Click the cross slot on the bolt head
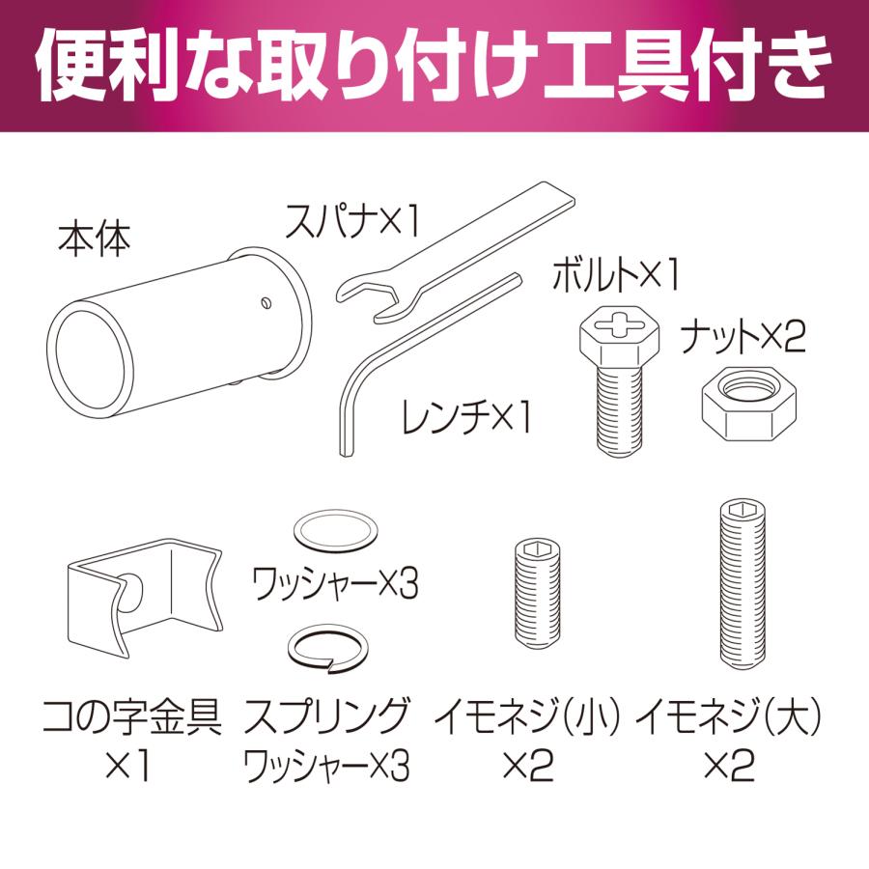[x=620, y=326]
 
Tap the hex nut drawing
[x=748, y=403]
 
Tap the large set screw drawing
[x=743, y=585]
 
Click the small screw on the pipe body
[x=266, y=302]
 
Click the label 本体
[x=95, y=240]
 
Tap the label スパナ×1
[x=351, y=220]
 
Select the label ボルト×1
[x=615, y=274]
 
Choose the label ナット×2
[x=743, y=336]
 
